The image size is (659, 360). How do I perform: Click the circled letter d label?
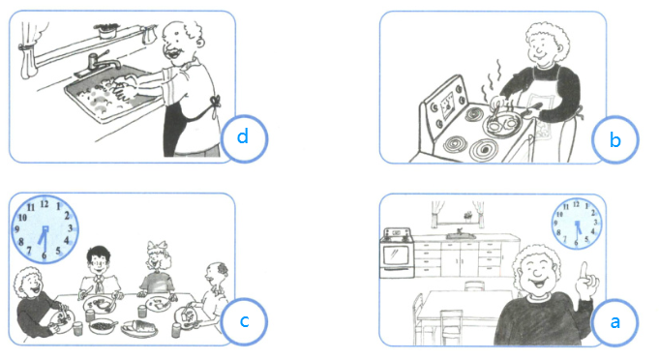click(x=244, y=138)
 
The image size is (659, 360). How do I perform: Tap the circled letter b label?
click(x=614, y=140)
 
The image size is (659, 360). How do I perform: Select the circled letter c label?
click(x=244, y=321)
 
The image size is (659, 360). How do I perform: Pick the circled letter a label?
click(x=614, y=322)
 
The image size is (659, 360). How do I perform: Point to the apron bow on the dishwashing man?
click(x=215, y=102)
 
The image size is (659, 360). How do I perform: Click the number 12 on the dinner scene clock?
click(x=45, y=204)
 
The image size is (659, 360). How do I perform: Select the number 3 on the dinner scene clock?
click(x=71, y=228)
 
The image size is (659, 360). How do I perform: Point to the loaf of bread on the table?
click(x=139, y=327)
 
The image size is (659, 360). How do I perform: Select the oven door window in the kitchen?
click(x=396, y=255)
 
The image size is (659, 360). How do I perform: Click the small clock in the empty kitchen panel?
click(x=577, y=224)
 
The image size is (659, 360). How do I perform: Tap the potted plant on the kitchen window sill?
click(x=467, y=216)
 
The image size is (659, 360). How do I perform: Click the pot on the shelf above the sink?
click(x=105, y=31)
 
